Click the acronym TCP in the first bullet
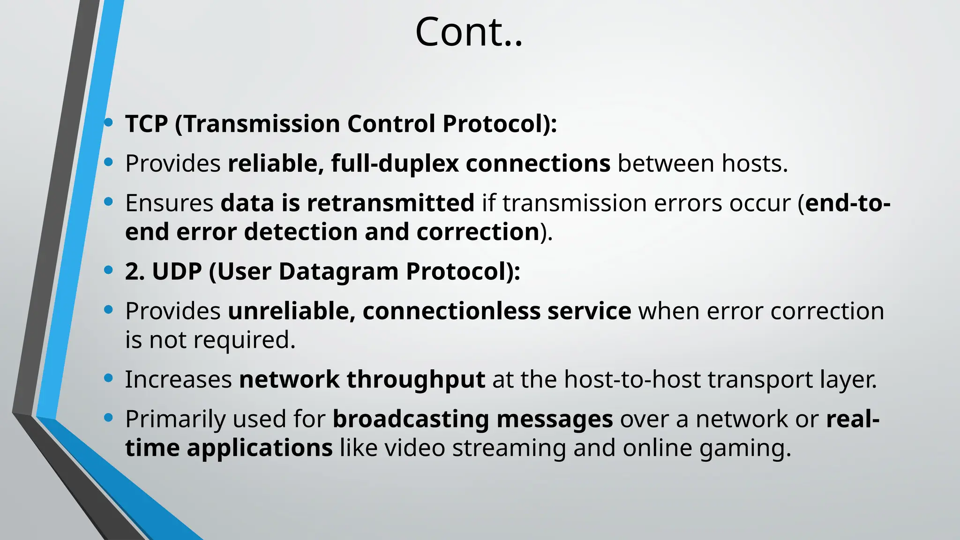click(x=146, y=124)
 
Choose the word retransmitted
click(x=390, y=203)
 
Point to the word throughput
click(x=415, y=380)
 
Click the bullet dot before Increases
click(x=109, y=378)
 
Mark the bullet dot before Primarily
click(x=109, y=417)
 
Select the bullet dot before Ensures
click(x=109, y=202)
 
